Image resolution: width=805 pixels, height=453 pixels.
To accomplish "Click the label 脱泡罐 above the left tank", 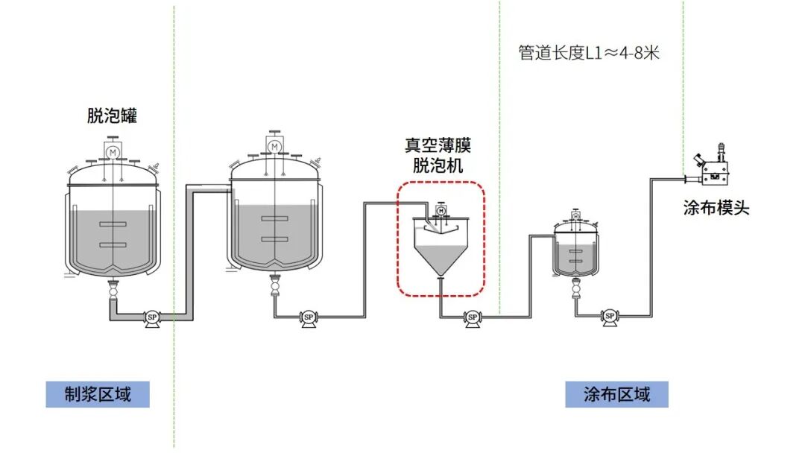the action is (x=112, y=115).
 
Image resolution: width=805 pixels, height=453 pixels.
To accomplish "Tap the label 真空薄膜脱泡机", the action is (x=438, y=156).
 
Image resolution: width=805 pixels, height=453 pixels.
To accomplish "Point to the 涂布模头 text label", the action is (x=716, y=208).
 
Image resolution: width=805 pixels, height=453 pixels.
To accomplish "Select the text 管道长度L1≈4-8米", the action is (x=589, y=53).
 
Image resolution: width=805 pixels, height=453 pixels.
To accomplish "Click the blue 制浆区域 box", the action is (x=98, y=394).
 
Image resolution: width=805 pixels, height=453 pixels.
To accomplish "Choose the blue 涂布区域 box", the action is (x=616, y=394).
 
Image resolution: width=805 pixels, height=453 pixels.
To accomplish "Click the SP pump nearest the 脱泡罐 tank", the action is (x=152, y=318).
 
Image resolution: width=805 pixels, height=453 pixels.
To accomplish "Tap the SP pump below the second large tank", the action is (x=309, y=318).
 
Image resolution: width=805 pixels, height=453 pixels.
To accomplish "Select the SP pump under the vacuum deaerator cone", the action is (x=473, y=318).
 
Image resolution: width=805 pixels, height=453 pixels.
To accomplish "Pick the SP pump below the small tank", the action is (x=610, y=317).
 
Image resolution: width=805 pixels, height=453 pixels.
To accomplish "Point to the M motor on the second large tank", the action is (x=274, y=147).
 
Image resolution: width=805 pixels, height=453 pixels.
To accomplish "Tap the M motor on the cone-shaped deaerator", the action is (x=441, y=211).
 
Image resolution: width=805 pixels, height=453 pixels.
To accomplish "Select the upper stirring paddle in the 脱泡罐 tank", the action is (x=113, y=224).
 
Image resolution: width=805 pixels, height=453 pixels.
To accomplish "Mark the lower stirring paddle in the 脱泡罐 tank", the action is (x=113, y=244).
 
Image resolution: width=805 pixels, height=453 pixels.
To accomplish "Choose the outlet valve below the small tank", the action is (x=577, y=288).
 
